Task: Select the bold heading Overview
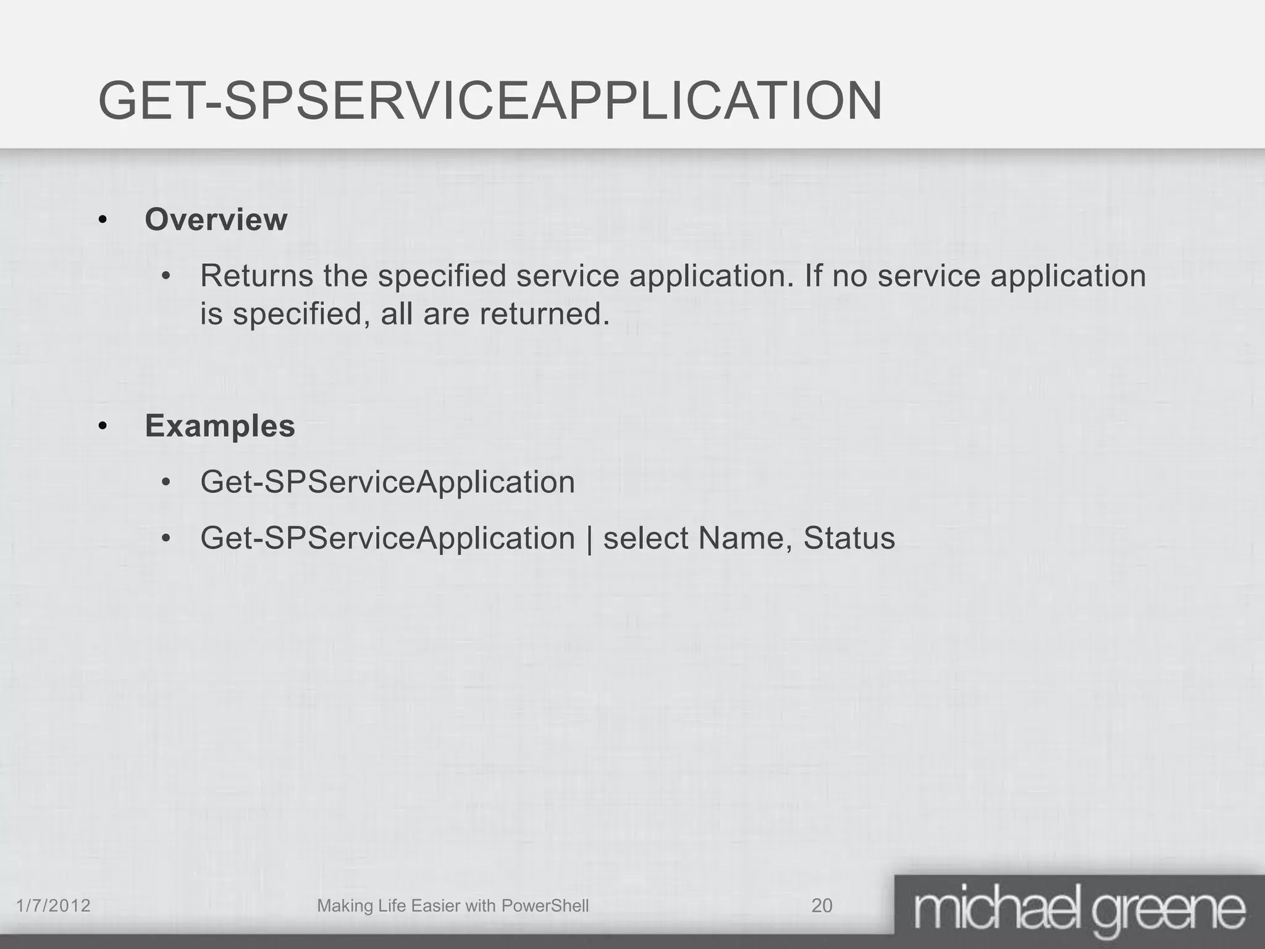pos(216,220)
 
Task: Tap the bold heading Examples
pos(220,426)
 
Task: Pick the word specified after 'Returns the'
pos(442,276)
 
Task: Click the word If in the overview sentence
pos(813,276)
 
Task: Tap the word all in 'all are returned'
pos(397,314)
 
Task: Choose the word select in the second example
pos(645,538)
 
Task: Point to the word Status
pos(849,538)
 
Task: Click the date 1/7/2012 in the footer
pos(53,906)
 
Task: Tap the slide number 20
pos(822,906)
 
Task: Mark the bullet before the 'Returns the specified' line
pos(165,277)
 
